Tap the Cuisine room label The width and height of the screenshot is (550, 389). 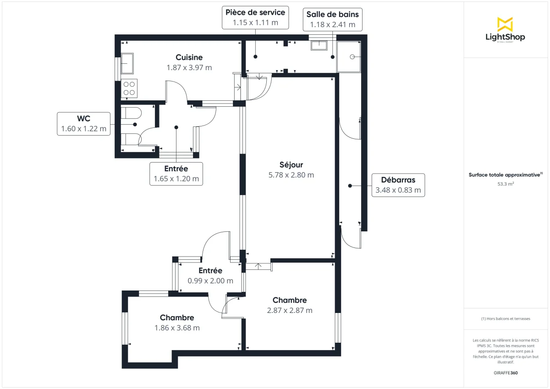click(189, 57)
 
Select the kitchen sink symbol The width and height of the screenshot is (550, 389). click(127, 63)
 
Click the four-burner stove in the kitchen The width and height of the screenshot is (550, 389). click(130, 88)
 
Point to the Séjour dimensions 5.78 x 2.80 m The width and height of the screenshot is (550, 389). click(291, 175)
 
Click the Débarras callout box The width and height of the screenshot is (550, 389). click(398, 185)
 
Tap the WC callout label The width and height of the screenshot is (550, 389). click(84, 124)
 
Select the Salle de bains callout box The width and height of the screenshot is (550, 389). click(332, 19)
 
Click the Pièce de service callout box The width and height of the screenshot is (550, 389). click(255, 17)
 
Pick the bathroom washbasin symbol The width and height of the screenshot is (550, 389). click(319, 45)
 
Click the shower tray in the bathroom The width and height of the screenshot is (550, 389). click(349, 57)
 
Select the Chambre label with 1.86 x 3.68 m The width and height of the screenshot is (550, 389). click(177, 323)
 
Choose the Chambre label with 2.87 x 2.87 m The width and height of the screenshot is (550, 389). click(290, 305)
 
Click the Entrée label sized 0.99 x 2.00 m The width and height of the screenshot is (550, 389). click(210, 275)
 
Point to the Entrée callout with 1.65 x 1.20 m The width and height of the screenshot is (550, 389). click(176, 174)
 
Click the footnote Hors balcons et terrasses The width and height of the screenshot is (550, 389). click(506, 318)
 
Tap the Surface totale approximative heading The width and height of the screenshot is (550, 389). click(506, 175)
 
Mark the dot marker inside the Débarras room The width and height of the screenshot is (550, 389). click(350, 186)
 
